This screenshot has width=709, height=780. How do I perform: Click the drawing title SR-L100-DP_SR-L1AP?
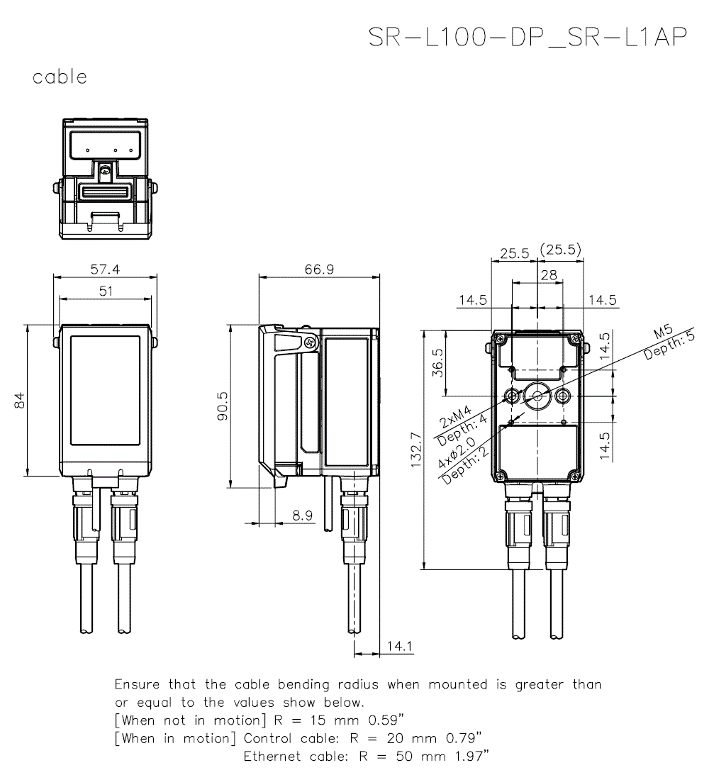527,38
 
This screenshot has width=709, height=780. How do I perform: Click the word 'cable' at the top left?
60,77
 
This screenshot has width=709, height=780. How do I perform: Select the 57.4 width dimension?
106,269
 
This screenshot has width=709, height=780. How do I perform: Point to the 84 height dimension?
19,401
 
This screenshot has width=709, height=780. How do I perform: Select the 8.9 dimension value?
302,516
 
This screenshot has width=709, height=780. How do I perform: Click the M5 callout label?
662,333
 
